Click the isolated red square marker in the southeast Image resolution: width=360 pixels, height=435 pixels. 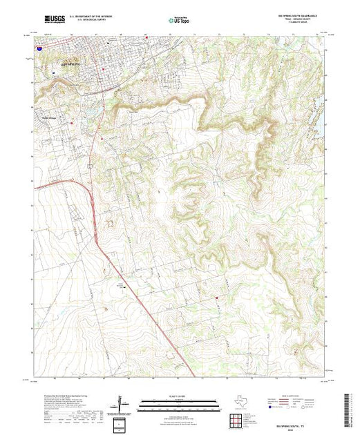click(217, 298)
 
